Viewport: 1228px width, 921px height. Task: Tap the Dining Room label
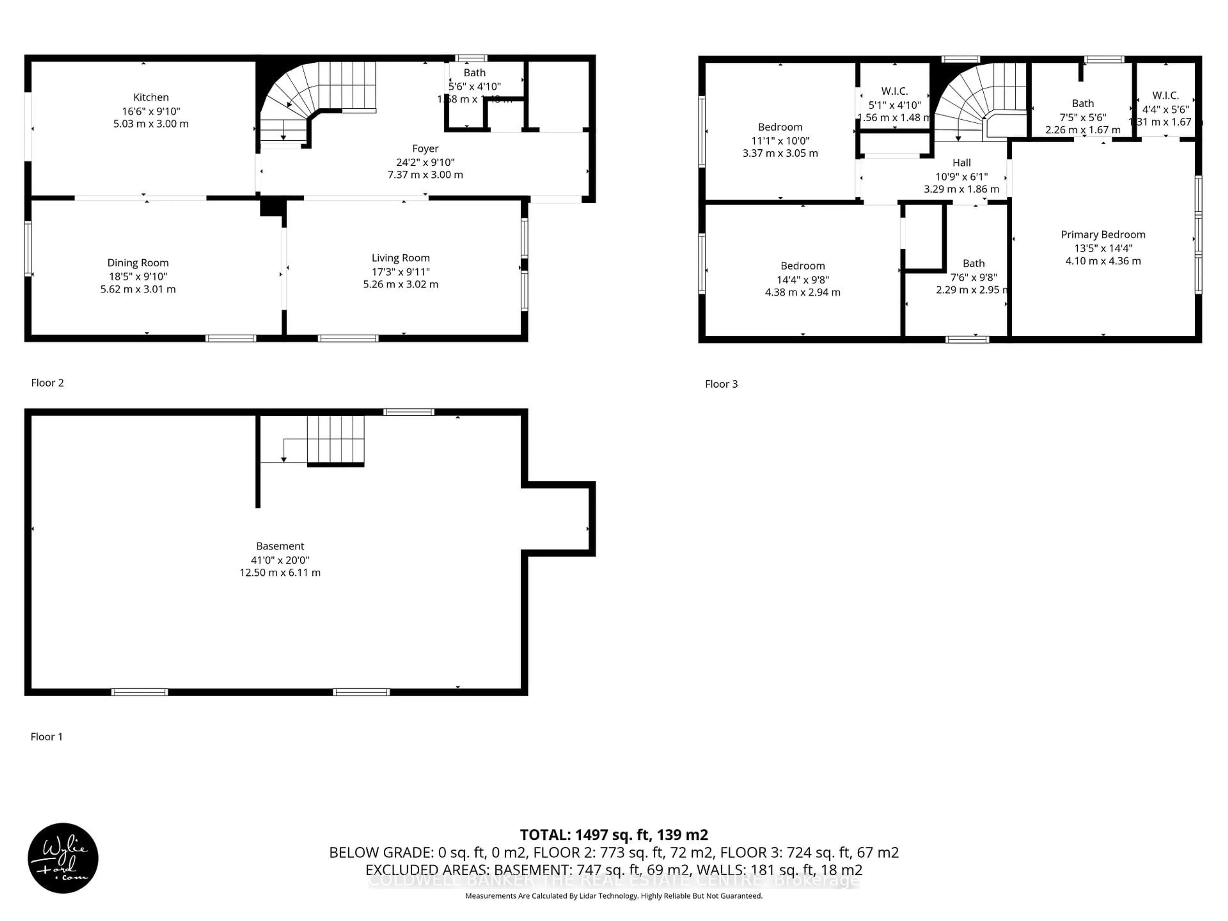point(138,263)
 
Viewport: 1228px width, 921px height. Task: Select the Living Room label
point(400,257)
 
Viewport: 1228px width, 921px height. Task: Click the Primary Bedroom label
point(1103,234)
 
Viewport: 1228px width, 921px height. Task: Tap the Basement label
point(280,546)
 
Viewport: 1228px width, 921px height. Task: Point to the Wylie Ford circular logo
point(63,858)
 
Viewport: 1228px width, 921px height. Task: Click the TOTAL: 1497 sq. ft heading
point(613,834)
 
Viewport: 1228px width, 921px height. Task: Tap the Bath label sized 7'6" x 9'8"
point(973,263)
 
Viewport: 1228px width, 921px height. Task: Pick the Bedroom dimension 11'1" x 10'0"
point(780,140)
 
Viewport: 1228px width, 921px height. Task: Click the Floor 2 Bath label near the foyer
point(474,73)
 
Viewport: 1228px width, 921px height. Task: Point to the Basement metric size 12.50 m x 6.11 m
point(280,572)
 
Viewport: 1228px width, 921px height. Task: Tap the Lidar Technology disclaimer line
point(613,895)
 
